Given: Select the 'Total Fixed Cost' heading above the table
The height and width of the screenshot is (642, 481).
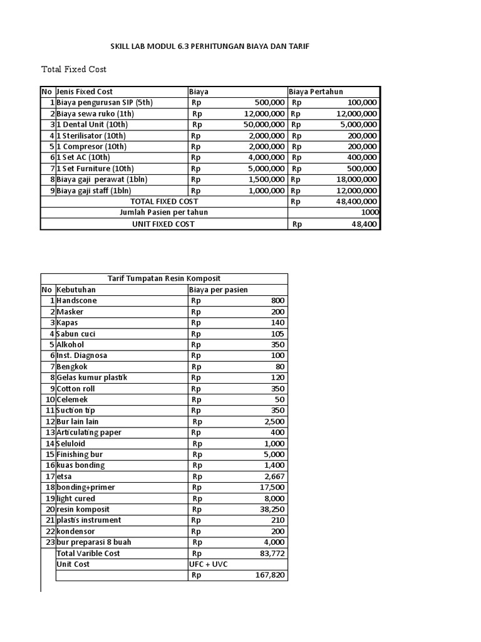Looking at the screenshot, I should click(74, 69).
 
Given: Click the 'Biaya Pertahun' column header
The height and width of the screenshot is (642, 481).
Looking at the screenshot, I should click(316, 92).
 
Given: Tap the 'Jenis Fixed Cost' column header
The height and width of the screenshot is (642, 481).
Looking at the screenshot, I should click(85, 92).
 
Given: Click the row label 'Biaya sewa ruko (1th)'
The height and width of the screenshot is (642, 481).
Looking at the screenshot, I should click(95, 113).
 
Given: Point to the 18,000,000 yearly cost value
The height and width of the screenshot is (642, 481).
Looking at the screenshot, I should click(354, 179).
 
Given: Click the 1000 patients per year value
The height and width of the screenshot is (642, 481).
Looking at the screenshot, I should click(369, 213).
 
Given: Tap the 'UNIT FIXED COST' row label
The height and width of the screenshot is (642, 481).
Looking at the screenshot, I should click(163, 224).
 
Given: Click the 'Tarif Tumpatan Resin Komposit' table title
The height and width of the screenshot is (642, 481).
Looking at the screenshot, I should click(164, 278).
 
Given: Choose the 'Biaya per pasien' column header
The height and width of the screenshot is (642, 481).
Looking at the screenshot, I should click(218, 290).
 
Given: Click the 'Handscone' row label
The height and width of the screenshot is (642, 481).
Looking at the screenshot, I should click(76, 300).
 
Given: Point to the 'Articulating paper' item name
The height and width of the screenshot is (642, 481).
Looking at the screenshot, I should click(89, 432).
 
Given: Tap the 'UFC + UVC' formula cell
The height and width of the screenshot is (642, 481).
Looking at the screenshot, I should click(209, 564).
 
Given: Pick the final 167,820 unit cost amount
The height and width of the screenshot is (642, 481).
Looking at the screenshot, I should click(268, 575).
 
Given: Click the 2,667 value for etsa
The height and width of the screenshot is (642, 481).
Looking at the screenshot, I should click(274, 476).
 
